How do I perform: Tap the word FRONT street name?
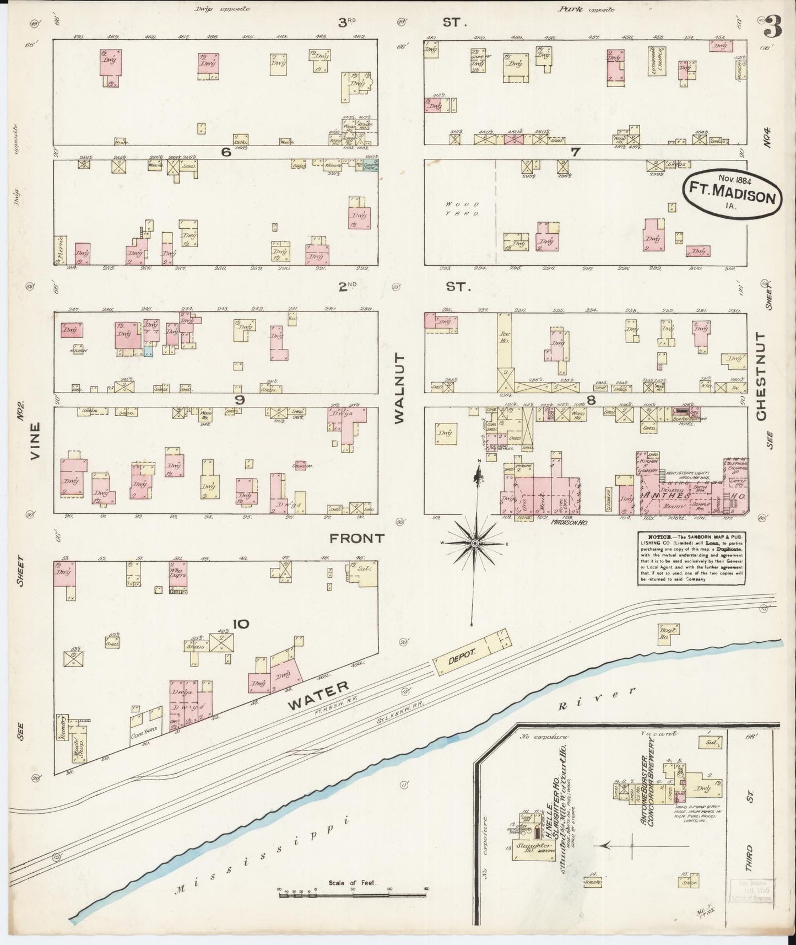pos(356,538)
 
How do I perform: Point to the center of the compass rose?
pos(475,543)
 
